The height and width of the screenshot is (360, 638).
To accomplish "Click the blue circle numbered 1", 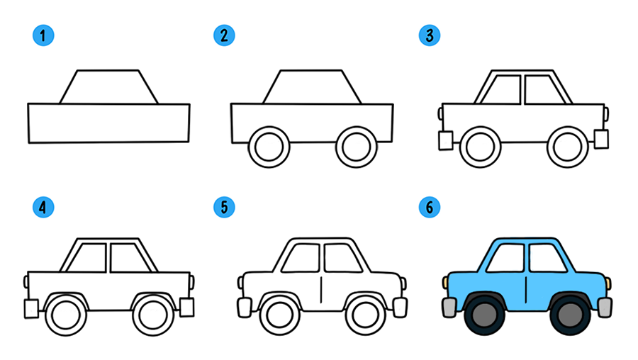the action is [x=43, y=35].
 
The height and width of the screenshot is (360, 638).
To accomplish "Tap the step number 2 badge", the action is [x=224, y=35].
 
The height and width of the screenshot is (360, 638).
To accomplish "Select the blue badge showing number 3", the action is [x=430, y=35].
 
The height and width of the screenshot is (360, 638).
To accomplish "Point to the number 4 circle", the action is [x=43, y=208].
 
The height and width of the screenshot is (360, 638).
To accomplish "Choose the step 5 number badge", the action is [x=224, y=208].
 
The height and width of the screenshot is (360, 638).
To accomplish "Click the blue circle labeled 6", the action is [x=430, y=208].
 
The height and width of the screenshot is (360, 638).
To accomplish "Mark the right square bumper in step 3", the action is [x=601, y=139].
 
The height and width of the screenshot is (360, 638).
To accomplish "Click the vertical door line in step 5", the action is [x=321, y=290].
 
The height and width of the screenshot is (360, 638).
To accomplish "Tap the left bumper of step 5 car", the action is [x=245, y=308].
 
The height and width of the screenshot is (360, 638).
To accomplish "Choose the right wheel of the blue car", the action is [x=570, y=315].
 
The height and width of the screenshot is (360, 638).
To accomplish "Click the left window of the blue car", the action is [x=505, y=258].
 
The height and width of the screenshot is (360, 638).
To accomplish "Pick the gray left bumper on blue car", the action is [x=449, y=308].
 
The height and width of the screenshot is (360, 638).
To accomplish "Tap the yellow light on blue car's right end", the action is [x=608, y=283].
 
